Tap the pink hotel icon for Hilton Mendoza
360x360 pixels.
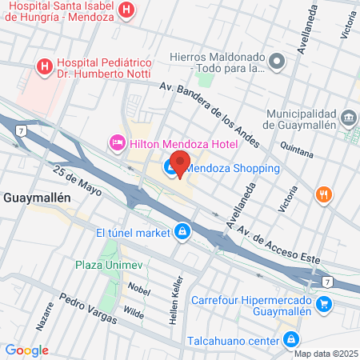(x=117, y=143)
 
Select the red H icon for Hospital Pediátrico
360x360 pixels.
(x=45, y=66)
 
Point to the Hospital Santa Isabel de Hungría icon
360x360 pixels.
(x=126, y=10)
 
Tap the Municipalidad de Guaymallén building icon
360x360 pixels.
(x=349, y=118)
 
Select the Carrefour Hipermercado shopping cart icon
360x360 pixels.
(x=323, y=303)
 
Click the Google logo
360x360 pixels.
(x=26, y=350)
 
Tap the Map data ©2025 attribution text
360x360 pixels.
(x=325, y=354)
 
